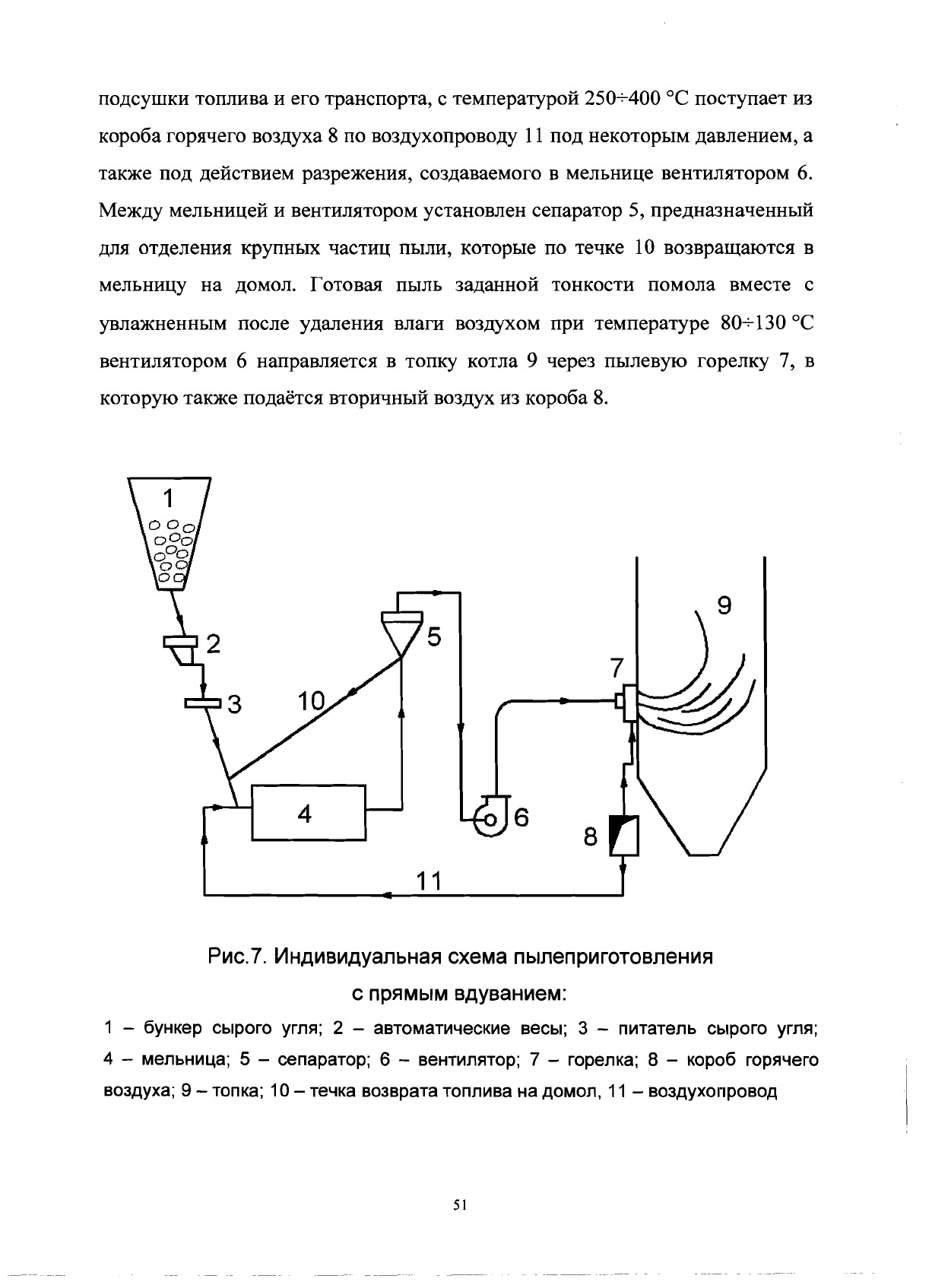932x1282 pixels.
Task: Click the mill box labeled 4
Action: pyautogui.click(x=308, y=812)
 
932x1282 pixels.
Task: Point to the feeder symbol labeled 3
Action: pyautogui.click(x=202, y=703)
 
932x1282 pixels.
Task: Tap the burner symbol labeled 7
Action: pyautogui.click(x=627, y=702)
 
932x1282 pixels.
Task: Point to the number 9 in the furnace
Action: pyautogui.click(x=724, y=606)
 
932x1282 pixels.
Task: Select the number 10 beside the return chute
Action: pyautogui.click(x=311, y=701)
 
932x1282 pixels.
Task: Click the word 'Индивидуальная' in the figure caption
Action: pyautogui.click(x=353, y=956)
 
